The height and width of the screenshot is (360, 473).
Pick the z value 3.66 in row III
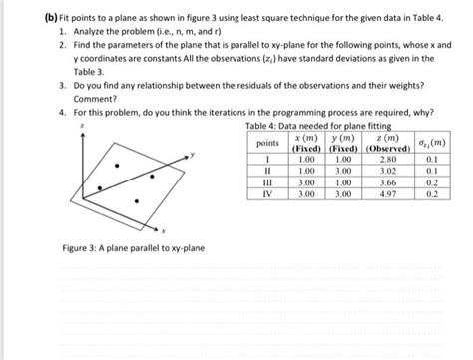pyautogui.click(x=389, y=183)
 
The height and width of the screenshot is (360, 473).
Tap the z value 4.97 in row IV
pyautogui.click(x=389, y=195)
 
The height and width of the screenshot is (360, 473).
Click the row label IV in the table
pyautogui.click(x=265, y=195)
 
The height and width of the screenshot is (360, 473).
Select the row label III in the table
pyautogui.click(x=265, y=183)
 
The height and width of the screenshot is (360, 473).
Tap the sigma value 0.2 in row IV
pyautogui.click(x=432, y=195)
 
